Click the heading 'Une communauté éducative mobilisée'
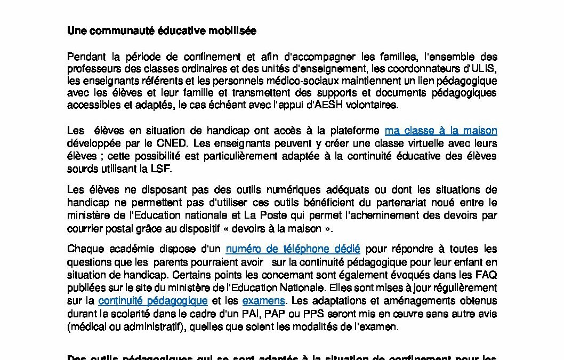(162, 31)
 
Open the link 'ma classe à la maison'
(441, 131)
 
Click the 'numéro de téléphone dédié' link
(293, 249)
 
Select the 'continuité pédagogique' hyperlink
(153, 301)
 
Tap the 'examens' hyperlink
(263, 301)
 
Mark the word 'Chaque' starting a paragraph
(84, 249)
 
